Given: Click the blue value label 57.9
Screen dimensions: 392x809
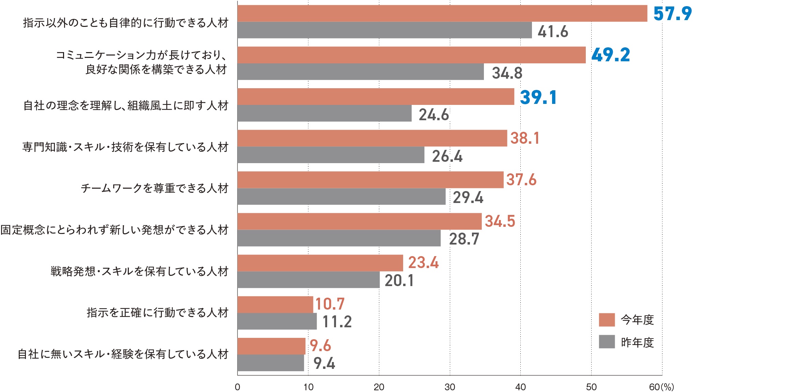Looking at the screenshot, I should pos(672,14).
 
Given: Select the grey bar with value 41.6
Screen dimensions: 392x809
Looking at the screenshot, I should pos(384,30).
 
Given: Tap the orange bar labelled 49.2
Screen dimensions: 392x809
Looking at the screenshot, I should pos(411,55).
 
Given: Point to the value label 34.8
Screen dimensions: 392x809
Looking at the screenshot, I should pos(507,73).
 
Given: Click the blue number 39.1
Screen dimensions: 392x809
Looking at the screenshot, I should pos(538,97).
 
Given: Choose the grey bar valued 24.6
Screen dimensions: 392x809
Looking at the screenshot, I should pos(324,113).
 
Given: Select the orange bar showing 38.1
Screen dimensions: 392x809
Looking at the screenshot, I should pos(372,138).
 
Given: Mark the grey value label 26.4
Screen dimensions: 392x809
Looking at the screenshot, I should pos(447,156).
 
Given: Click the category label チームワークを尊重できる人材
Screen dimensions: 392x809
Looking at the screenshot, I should pos(154,188).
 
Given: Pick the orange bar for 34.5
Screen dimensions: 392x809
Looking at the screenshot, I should pos(360,221).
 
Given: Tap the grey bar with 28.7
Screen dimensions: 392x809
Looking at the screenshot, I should pos(339,238).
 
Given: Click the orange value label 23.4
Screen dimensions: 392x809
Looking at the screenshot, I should pos(423,263).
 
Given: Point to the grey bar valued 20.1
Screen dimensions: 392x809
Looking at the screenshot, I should pos(308,280).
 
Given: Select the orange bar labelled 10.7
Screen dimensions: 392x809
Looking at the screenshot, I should pos(275,304).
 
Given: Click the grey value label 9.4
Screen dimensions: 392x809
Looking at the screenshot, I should pos(324,363).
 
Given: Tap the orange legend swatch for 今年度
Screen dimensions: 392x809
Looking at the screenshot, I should pos(607,320).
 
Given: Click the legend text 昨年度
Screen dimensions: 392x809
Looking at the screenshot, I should pos(637,342).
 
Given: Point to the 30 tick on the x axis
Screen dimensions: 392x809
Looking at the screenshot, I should pos(450,387).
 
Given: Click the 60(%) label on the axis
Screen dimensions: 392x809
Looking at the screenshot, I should pos(661,387).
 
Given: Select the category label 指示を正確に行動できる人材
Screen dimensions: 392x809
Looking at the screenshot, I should pos(157,313).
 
